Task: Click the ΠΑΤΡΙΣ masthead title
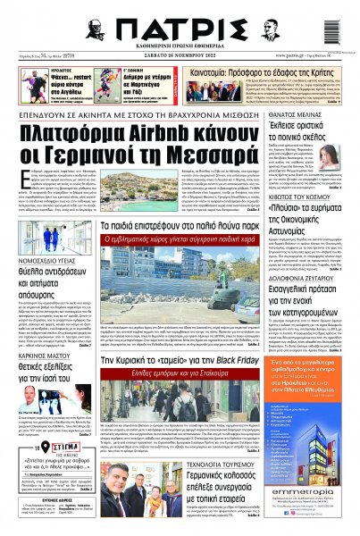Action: tap(179, 23)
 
